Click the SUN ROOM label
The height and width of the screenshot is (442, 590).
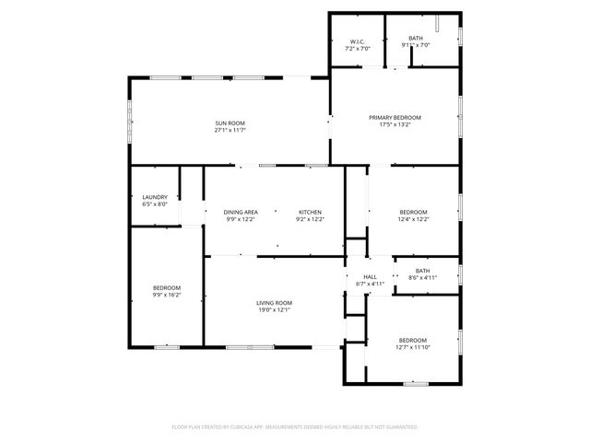pos(230,123)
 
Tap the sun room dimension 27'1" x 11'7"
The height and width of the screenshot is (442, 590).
pos(230,130)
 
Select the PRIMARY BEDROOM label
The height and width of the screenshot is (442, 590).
pos(395,117)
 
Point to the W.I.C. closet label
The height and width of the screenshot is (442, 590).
pos(358,41)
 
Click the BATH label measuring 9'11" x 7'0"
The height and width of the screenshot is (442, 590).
pos(417,38)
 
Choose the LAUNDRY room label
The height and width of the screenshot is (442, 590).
pos(155,197)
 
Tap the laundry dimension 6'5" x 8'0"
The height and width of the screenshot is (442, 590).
pos(155,204)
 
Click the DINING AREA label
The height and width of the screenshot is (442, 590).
pos(241,213)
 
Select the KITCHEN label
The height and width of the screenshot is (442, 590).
pos(309,213)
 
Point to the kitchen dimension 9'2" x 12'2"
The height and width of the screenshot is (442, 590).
pos(309,219)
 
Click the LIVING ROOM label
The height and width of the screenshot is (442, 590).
pos(274,303)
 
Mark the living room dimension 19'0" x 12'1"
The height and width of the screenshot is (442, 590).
pos(274,309)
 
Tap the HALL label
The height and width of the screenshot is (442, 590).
pos(370,277)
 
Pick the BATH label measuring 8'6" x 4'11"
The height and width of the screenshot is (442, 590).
pos(422,271)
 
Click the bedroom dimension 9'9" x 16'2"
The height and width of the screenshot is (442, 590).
pos(167,295)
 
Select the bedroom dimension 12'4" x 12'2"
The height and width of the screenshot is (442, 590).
pos(413,219)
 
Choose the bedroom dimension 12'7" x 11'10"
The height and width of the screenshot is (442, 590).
pos(413,346)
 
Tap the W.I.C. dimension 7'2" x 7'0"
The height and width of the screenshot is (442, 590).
pos(358,47)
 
